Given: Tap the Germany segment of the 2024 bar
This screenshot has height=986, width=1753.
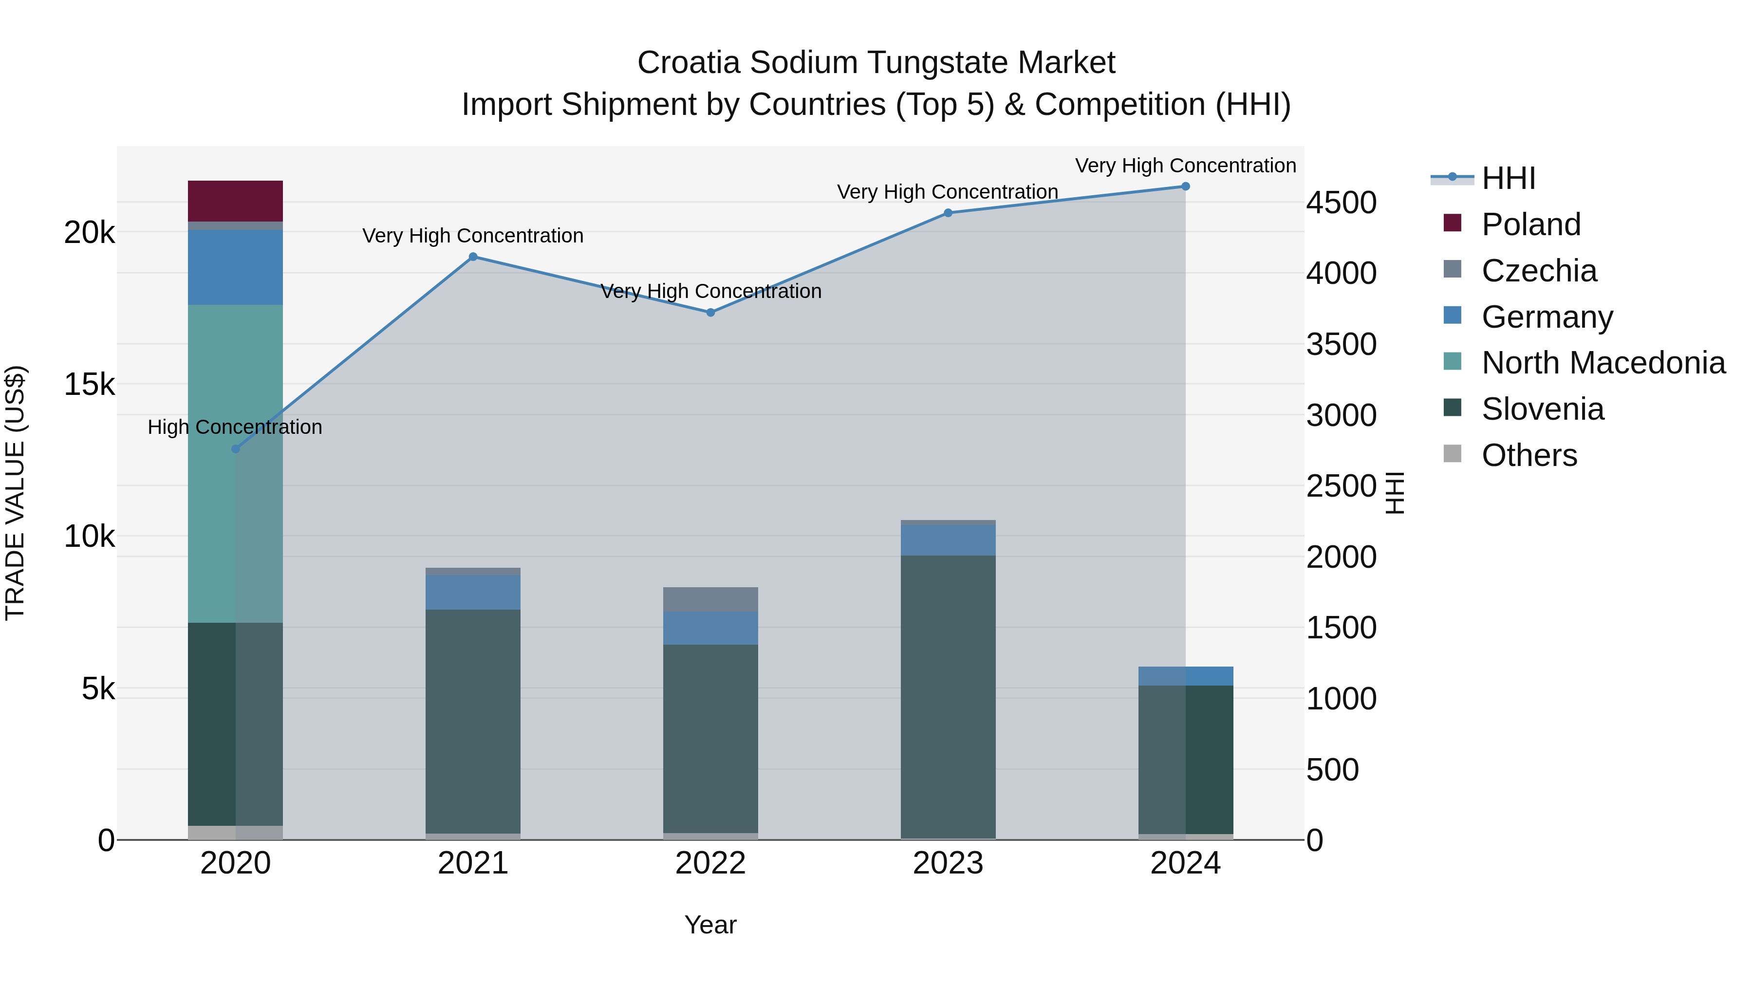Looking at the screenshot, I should [1185, 676].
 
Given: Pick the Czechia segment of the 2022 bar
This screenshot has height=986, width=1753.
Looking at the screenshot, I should [710, 599].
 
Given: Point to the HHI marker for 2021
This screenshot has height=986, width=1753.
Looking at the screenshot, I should [473, 257].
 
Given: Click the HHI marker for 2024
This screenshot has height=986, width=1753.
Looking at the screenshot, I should [1185, 186].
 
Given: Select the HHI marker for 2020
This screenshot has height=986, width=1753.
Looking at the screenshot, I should [236, 449].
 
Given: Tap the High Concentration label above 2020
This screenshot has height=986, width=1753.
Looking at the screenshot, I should [235, 428].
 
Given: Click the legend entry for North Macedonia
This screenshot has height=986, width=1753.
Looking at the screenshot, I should [1603, 363].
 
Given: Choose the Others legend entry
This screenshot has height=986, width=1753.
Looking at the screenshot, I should [1529, 455].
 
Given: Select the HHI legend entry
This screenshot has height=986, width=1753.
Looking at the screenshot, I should [1508, 178].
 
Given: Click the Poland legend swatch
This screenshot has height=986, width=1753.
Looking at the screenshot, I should [1452, 223].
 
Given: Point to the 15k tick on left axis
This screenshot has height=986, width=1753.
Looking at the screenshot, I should [89, 385].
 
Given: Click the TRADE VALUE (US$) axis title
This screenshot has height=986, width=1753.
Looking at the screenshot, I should [15, 493].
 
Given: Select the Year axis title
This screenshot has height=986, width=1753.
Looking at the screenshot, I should [710, 925].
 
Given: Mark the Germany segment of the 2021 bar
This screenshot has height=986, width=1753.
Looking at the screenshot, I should [473, 592].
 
